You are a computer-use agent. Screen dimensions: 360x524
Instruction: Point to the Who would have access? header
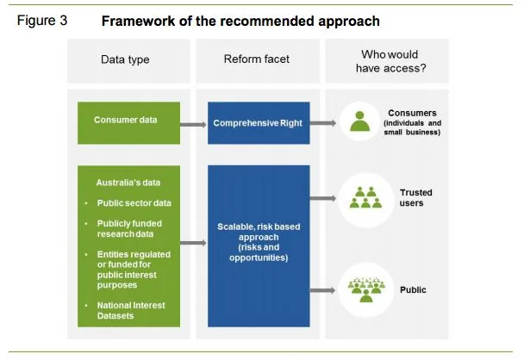click(x=386, y=61)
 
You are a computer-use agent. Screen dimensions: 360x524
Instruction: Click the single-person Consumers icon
click(x=359, y=123)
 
